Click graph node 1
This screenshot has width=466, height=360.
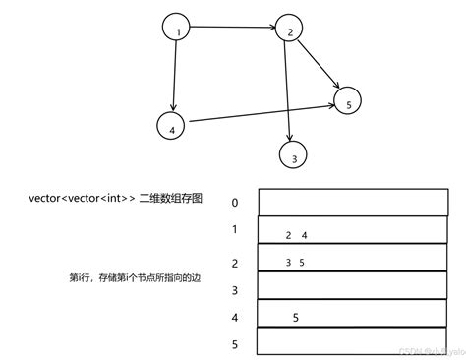pyautogui.click(x=177, y=30)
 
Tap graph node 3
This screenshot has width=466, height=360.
pyautogui.click(x=293, y=154)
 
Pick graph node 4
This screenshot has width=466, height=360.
pyautogui.click(x=171, y=126)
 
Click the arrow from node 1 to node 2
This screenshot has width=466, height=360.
pyautogui.click(x=233, y=30)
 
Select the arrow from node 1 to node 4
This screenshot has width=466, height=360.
pyautogui.click(x=174, y=78)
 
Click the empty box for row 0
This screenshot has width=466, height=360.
pyautogui.click(x=339, y=202)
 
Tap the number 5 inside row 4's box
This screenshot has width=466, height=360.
pyautogui.click(x=296, y=317)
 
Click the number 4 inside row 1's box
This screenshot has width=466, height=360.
pyautogui.click(x=305, y=235)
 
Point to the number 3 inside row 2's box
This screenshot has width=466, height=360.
pyautogui.click(x=288, y=263)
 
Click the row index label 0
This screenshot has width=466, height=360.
pyautogui.click(x=235, y=203)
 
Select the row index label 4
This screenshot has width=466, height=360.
pyautogui.click(x=235, y=318)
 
